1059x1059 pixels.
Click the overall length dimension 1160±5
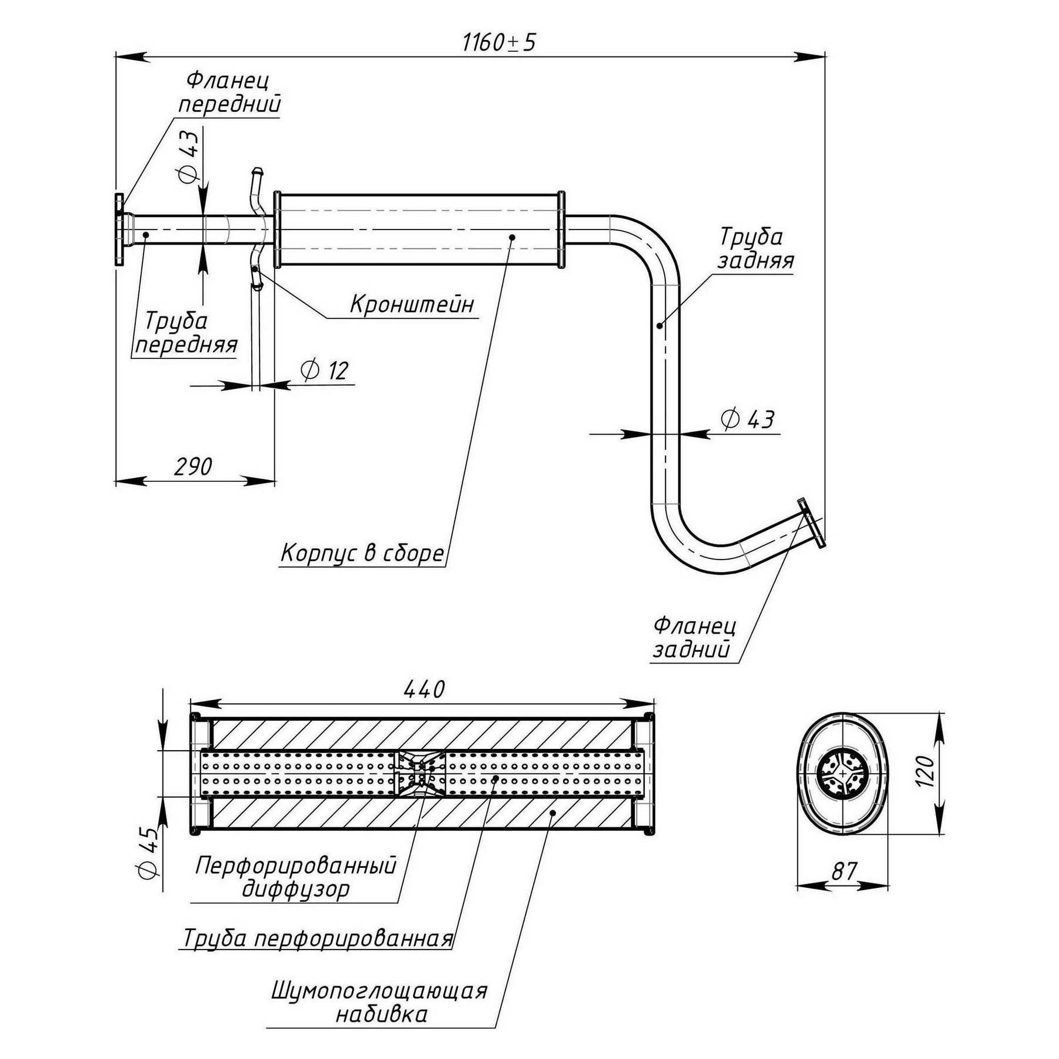[x=499, y=42]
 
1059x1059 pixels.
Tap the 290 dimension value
[x=193, y=467]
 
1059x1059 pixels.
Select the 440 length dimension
[x=424, y=689]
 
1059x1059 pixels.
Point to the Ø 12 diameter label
[x=325, y=371]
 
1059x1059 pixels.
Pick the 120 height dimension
[x=925, y=771]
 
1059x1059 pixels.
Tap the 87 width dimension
[x=844, y=871]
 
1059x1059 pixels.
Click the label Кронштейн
[x=412, y=305]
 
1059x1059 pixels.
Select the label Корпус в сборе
[x=362, y=554]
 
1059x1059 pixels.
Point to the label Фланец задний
[x=694, y=637]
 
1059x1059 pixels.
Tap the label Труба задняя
[x=755, y=248]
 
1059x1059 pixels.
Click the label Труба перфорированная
[x=318, y=938]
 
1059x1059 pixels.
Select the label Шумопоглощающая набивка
[x=380, y=1003]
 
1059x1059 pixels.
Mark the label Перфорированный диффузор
[x=296, y=877]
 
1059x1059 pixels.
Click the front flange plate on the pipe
[x=119, y=231]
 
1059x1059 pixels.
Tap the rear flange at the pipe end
[x=812, y=523]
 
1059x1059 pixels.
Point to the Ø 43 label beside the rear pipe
[x=747, y=419]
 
